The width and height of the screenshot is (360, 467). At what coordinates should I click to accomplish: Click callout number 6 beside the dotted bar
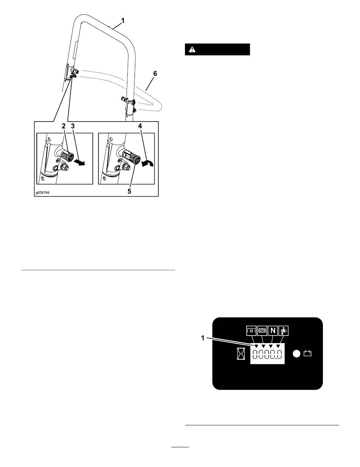(x=154, y=75)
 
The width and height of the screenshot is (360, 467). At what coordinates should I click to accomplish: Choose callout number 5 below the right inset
(x=129, y=192)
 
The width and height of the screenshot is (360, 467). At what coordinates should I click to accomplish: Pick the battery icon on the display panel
(x=307, y=354)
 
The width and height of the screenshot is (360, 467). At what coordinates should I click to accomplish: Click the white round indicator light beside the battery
(x=297, y=354)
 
